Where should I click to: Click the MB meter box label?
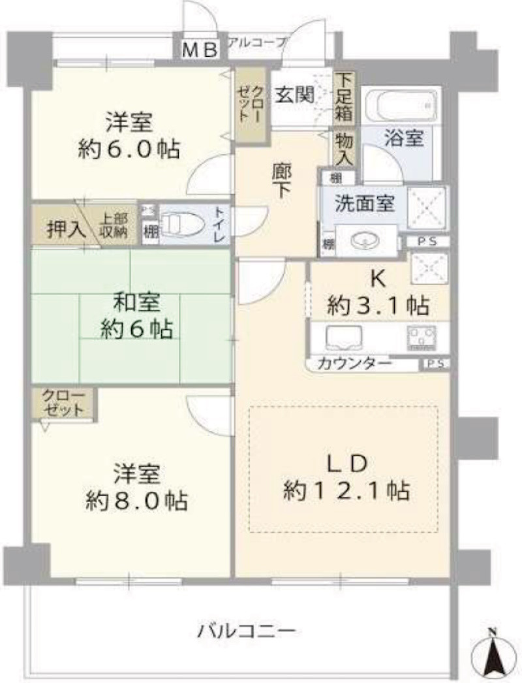coord(198,50)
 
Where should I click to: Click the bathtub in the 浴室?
coord(400,104)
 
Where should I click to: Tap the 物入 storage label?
coord(344,149)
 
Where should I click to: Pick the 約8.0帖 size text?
coord(137,501)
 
